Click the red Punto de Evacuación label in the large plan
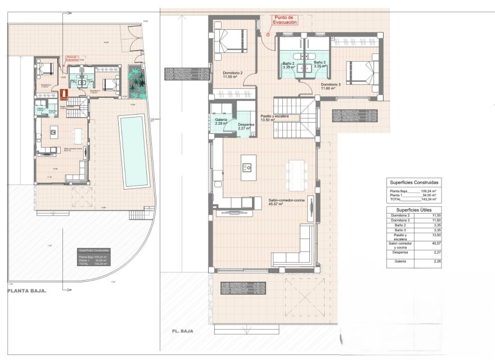point(285,20)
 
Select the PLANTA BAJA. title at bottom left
point(26,291)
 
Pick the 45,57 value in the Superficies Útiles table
point(434,243)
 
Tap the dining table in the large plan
point(296,174)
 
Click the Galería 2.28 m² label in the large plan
point(221,121)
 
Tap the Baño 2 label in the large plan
point(289,64)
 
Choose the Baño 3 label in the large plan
point(319,64)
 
